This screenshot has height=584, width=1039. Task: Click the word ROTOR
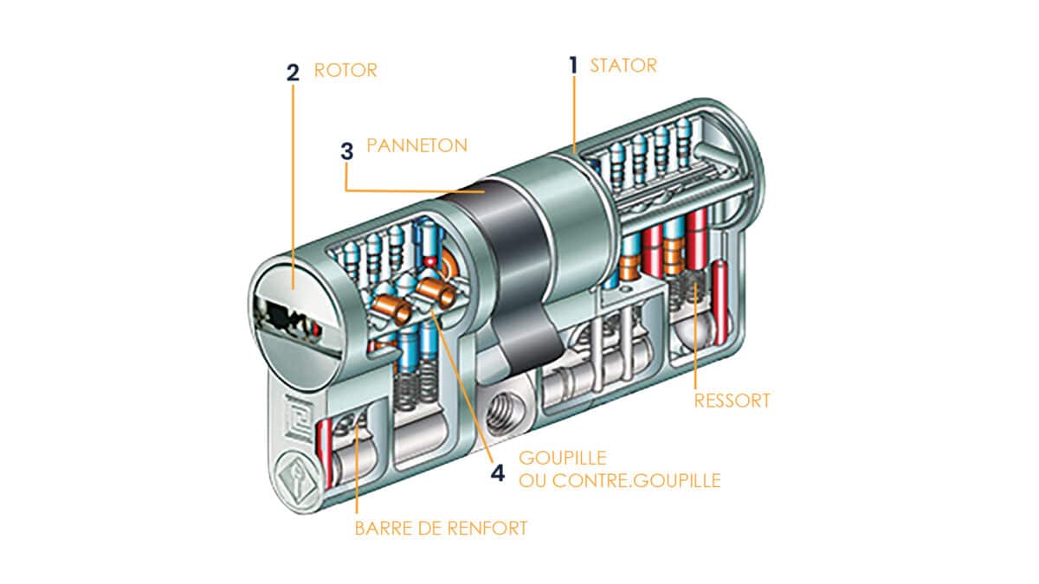(345, 70)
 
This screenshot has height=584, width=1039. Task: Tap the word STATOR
(623, 66)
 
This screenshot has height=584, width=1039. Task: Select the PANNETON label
(417, 145)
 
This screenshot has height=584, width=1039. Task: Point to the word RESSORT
(732, 401)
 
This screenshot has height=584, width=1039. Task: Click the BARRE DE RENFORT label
(441, 529)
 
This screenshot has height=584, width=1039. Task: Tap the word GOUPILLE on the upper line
(563, 458)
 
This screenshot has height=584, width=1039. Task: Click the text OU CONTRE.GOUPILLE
(620, 481)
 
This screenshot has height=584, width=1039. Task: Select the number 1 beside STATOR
(573, 66)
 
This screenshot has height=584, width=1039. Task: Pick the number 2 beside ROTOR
(293, 73)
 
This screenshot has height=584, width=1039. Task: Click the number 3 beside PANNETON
(347, 151)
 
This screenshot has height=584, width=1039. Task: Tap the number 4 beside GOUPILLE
(498, 473)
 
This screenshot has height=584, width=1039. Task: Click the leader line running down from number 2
(294, 187)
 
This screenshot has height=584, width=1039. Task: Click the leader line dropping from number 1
(574, 114)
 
